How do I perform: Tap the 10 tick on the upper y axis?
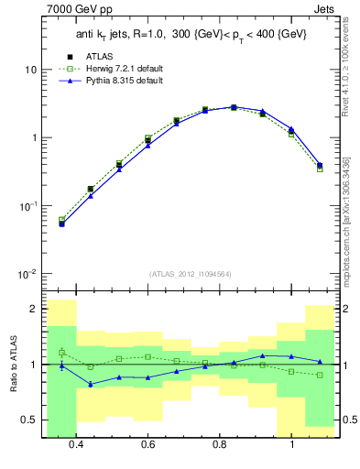point(30,70)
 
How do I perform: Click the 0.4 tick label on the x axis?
point(76,444)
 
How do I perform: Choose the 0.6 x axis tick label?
point(147,444)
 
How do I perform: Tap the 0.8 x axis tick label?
point(220,444)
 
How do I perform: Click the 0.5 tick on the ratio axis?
point(29,420)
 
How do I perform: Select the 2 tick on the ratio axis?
point(33,309)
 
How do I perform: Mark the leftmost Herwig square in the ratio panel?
point(61,352)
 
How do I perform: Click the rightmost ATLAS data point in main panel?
point(320,166)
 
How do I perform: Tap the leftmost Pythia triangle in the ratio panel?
point(61,365)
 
